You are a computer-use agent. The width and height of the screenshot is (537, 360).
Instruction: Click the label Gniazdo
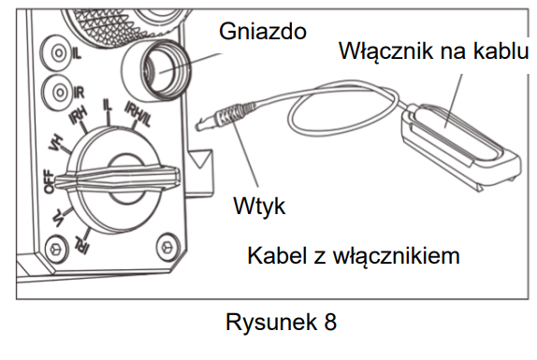pyautogui.click(x=263, y=32)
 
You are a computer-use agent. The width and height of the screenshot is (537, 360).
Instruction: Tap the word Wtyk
pyautogui.click(x=259, y=206)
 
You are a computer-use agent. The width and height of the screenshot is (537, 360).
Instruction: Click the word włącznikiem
pyautogui.click(x=397, y=256)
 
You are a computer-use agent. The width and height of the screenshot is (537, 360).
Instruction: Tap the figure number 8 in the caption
pyautogui.click(x=330, y=322)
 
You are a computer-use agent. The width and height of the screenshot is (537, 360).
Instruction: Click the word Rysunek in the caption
pyautogui.click(x=271, y=323)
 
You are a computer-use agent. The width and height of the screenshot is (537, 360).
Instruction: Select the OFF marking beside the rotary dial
pyautogui.click(x=49, y=181)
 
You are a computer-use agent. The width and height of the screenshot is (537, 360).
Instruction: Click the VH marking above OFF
pyautogui.click(x=56, y=142)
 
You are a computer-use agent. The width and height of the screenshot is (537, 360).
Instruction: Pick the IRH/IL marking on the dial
pyautogui.click(x=138, y=113)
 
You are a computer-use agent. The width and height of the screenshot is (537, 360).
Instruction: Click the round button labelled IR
pyautogui.click(x=60, y=93)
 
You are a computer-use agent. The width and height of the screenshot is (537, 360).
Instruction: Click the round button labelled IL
pyautogui.click(x=58, y=53)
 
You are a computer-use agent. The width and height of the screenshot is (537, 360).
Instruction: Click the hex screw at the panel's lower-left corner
pyautogui.click(x=56, y=248)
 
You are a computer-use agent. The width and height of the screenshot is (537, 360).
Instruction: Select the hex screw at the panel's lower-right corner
pyautogui.click(x=167, y=246)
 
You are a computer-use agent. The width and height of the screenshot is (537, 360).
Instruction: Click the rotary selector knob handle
pyautogui.click(x=117, y=179)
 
